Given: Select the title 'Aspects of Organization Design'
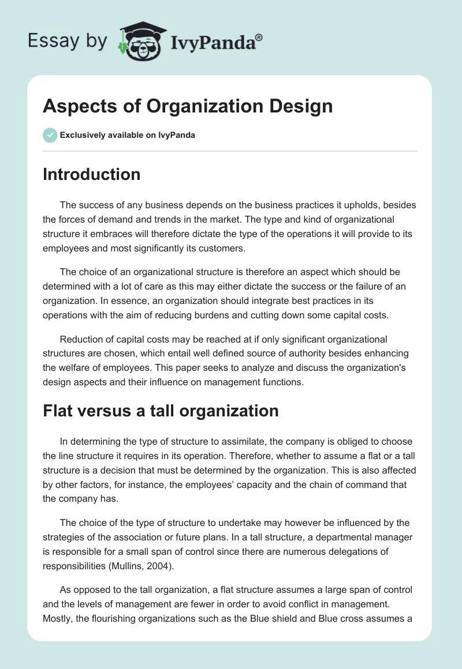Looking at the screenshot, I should (188, 106).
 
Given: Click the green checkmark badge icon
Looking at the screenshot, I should (50, 135).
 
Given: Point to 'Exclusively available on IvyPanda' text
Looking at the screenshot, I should (128, 136).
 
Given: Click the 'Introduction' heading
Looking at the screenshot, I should (91, 174).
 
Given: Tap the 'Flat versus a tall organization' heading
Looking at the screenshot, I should (161, 411).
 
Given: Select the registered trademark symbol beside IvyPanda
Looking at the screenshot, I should (259, 37).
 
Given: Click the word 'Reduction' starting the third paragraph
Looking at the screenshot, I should (81, 339).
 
